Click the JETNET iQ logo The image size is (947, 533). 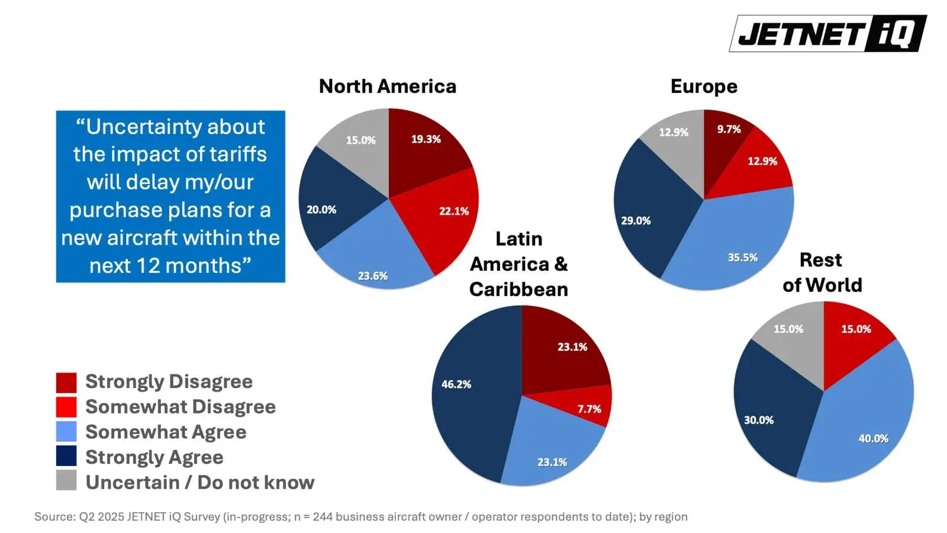point(827,33)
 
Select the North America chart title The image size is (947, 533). point(388,86)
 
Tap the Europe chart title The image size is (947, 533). point(704,86)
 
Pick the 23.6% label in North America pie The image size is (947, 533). point(372,276)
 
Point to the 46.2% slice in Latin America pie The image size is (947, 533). point(468,403)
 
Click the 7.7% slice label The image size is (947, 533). point(589,409)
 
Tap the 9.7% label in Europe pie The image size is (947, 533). point(729,129)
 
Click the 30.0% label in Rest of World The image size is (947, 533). point(758,420)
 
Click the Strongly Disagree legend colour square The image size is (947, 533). point(66,382)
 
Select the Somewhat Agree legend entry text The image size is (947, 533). point(166,432)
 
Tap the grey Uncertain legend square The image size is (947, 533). point(66,480)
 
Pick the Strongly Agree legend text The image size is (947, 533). point(154,457)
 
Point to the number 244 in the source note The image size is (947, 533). point(323,516)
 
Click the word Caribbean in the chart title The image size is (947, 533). point(518,289)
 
